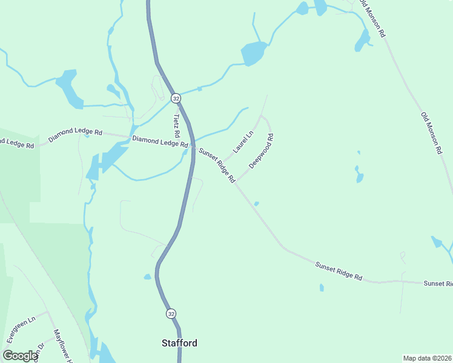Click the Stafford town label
click(x=179, y=343)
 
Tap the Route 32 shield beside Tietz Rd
click(x=176, y=98)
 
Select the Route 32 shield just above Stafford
click(x=171, y=313)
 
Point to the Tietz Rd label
click(x=177, y=125)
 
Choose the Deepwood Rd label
click(x=261, y=151)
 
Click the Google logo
click(x=21, y=356)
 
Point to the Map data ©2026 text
click(x=427, y=358)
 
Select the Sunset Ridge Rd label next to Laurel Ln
click(x=217, y=166)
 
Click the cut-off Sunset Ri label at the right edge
click(x=437, y=283)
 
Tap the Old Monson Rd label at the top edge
click(x=372, y=19)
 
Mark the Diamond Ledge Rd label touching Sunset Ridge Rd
click(x=160, y=142)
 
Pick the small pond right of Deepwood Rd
click(x=360, y=177)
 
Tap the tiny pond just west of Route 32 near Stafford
click(x=147, y=277)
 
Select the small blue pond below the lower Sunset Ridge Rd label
click(x=322, y=287)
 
